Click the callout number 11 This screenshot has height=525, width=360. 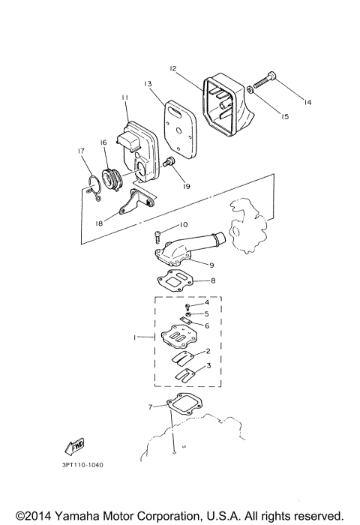pos(124,97)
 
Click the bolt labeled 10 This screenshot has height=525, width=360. pos(158,235)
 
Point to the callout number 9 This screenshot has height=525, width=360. pos(211,264)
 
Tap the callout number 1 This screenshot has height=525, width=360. pos(135,338)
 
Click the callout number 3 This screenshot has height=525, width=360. pos(208,365)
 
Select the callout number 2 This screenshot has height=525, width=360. pos(207,350)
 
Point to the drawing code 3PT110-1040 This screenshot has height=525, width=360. pos(78,465)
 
